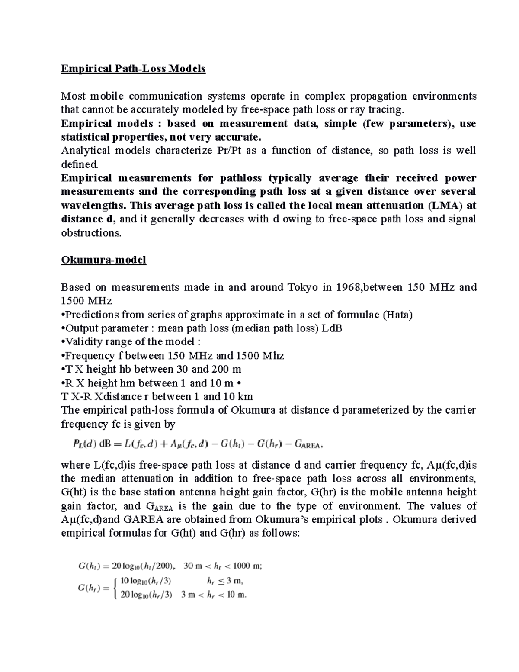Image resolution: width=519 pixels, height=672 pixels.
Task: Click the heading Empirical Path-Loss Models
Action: coord(133,69)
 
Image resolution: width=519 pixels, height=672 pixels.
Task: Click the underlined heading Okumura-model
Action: coord(104,260)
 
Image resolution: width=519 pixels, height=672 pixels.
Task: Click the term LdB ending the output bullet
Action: coord(332,328)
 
